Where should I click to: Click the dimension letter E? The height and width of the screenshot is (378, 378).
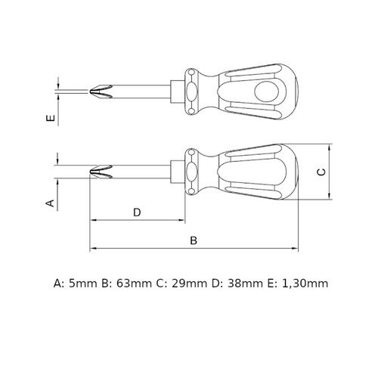(x=51, y=118)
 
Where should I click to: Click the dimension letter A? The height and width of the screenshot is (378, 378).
(x=50, y=203)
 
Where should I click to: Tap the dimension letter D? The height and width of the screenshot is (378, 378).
(x=137, y=212)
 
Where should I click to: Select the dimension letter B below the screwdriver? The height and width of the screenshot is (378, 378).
(x=194, y=240)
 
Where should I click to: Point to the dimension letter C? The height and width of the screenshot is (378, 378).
(x=321, y=172)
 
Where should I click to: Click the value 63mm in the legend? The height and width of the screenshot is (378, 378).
(x=134, y=283)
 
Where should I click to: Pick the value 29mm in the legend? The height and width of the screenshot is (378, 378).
(x=190, y=283)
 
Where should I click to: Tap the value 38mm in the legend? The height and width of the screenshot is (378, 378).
(x=245, y=283)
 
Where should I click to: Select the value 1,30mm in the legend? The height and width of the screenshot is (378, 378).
(x=305, y=283)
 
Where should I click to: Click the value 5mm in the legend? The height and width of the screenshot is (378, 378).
(x=83, y=283)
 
